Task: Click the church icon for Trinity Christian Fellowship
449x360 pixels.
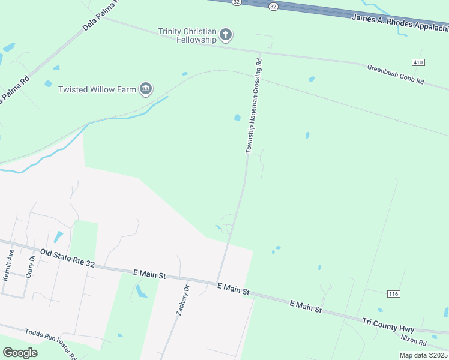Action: tap(226, 35)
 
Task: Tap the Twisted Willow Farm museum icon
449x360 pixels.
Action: tap(146, 90)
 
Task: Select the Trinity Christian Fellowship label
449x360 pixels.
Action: tap(187, 35)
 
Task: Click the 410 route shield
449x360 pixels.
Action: tap(418, 62)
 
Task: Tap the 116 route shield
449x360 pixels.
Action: tap(393, 293)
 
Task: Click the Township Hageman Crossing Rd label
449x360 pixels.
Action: tap(253, 106)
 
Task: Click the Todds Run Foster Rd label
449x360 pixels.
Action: tap(51, 343)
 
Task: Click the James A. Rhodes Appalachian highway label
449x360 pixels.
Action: tap(399, 23)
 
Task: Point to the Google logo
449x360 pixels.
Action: tap(20, 352)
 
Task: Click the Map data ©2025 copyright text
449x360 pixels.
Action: tap(423, 355)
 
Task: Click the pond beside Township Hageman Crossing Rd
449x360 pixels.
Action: tap(237, 118)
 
